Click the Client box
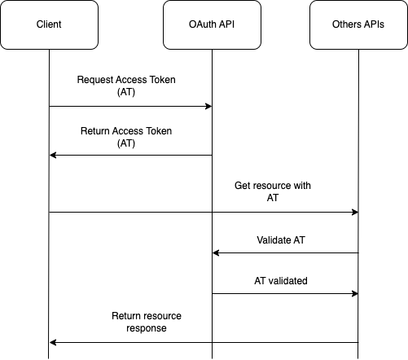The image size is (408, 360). click(49, 24)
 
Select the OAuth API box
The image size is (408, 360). click(212, 24)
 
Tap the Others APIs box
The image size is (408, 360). click(358, 24)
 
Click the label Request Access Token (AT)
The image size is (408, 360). click(125, 86)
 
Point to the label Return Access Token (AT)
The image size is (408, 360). click(126, 136)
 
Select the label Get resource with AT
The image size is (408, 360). click(272, 192)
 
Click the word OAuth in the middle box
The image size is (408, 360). click(202, 24)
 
